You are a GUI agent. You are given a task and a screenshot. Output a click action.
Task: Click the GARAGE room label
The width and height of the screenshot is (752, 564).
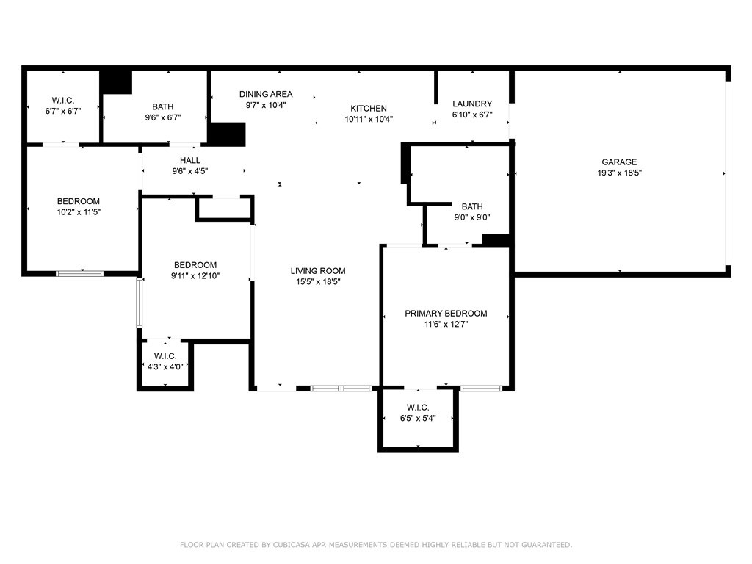pyautogui.click(x=619, y=162)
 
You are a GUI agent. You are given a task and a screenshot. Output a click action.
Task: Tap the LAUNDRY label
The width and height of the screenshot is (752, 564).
pyautogui.click(x=472, y=104)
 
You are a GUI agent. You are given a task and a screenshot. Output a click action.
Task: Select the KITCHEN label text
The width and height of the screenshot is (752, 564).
pyautogui.click(x=369, y=109)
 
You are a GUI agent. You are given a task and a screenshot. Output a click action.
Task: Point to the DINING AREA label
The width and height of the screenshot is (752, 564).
pyautogui.click(x=266, y=94)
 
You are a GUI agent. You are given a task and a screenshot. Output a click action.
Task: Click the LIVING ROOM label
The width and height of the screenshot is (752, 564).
pyautogui.click(x=318, y=271)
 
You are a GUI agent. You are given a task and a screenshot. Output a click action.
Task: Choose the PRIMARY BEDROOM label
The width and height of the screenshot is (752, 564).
pyautogui.click(x=446, y=313)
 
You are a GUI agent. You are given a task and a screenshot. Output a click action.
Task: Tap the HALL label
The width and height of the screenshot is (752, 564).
pyautogui.click(x=190, y=160)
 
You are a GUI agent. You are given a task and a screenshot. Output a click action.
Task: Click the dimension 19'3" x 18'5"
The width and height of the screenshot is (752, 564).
pyautogui.click(x=619, y=173)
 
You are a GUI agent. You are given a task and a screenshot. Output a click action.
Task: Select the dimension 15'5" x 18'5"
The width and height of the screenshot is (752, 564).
pyautogui.click(x=318, y=282)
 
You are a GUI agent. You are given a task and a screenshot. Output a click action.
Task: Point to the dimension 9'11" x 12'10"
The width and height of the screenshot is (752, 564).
pyautogui.click(x=195, y=276)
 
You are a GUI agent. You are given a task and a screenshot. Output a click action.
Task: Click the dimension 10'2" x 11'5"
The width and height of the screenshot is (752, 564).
pyautogui.click(x=79, y=212)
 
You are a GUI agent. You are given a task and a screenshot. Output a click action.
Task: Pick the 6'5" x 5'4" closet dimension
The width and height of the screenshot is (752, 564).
pyautogui.click(x=418, y=418)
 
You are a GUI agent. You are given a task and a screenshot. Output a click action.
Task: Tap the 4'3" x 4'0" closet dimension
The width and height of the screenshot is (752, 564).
pyautogui.click(x=165, y=367)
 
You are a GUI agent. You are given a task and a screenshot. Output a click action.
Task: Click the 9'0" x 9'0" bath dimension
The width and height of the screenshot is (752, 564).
pyautogui.click(x=472, y=217)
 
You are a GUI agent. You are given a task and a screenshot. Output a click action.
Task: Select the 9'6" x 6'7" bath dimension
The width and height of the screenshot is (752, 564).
pyautogui.click(x=162, y=117)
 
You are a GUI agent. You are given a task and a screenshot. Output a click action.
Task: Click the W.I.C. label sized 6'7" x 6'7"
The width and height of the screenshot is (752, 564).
pyautogui.click(x=63, y=101)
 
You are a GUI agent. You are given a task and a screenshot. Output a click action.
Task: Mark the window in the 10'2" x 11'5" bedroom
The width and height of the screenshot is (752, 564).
pyautogui.click(x=79, y=274)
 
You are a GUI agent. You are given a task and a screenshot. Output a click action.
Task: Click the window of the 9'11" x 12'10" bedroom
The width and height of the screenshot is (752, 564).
pyautogui.click(x=139, y=303)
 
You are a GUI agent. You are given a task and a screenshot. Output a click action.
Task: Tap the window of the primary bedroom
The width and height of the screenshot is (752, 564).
pyautogui.click(x=481, y=388)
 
